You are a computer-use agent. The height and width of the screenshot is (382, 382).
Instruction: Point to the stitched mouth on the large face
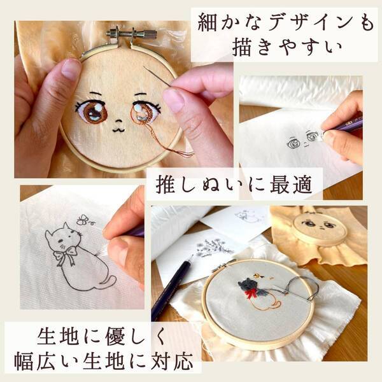click(117, 128)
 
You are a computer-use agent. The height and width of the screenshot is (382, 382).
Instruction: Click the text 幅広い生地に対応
click(102, 362)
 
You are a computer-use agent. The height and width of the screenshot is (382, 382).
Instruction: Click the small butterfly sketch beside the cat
click(83, 220)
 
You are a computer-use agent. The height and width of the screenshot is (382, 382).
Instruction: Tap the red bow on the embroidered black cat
click(253, 294)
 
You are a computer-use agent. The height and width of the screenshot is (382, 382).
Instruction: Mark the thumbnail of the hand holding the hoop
click(71, 68)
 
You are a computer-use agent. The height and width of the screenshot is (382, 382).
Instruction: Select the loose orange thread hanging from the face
click(178, 150)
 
